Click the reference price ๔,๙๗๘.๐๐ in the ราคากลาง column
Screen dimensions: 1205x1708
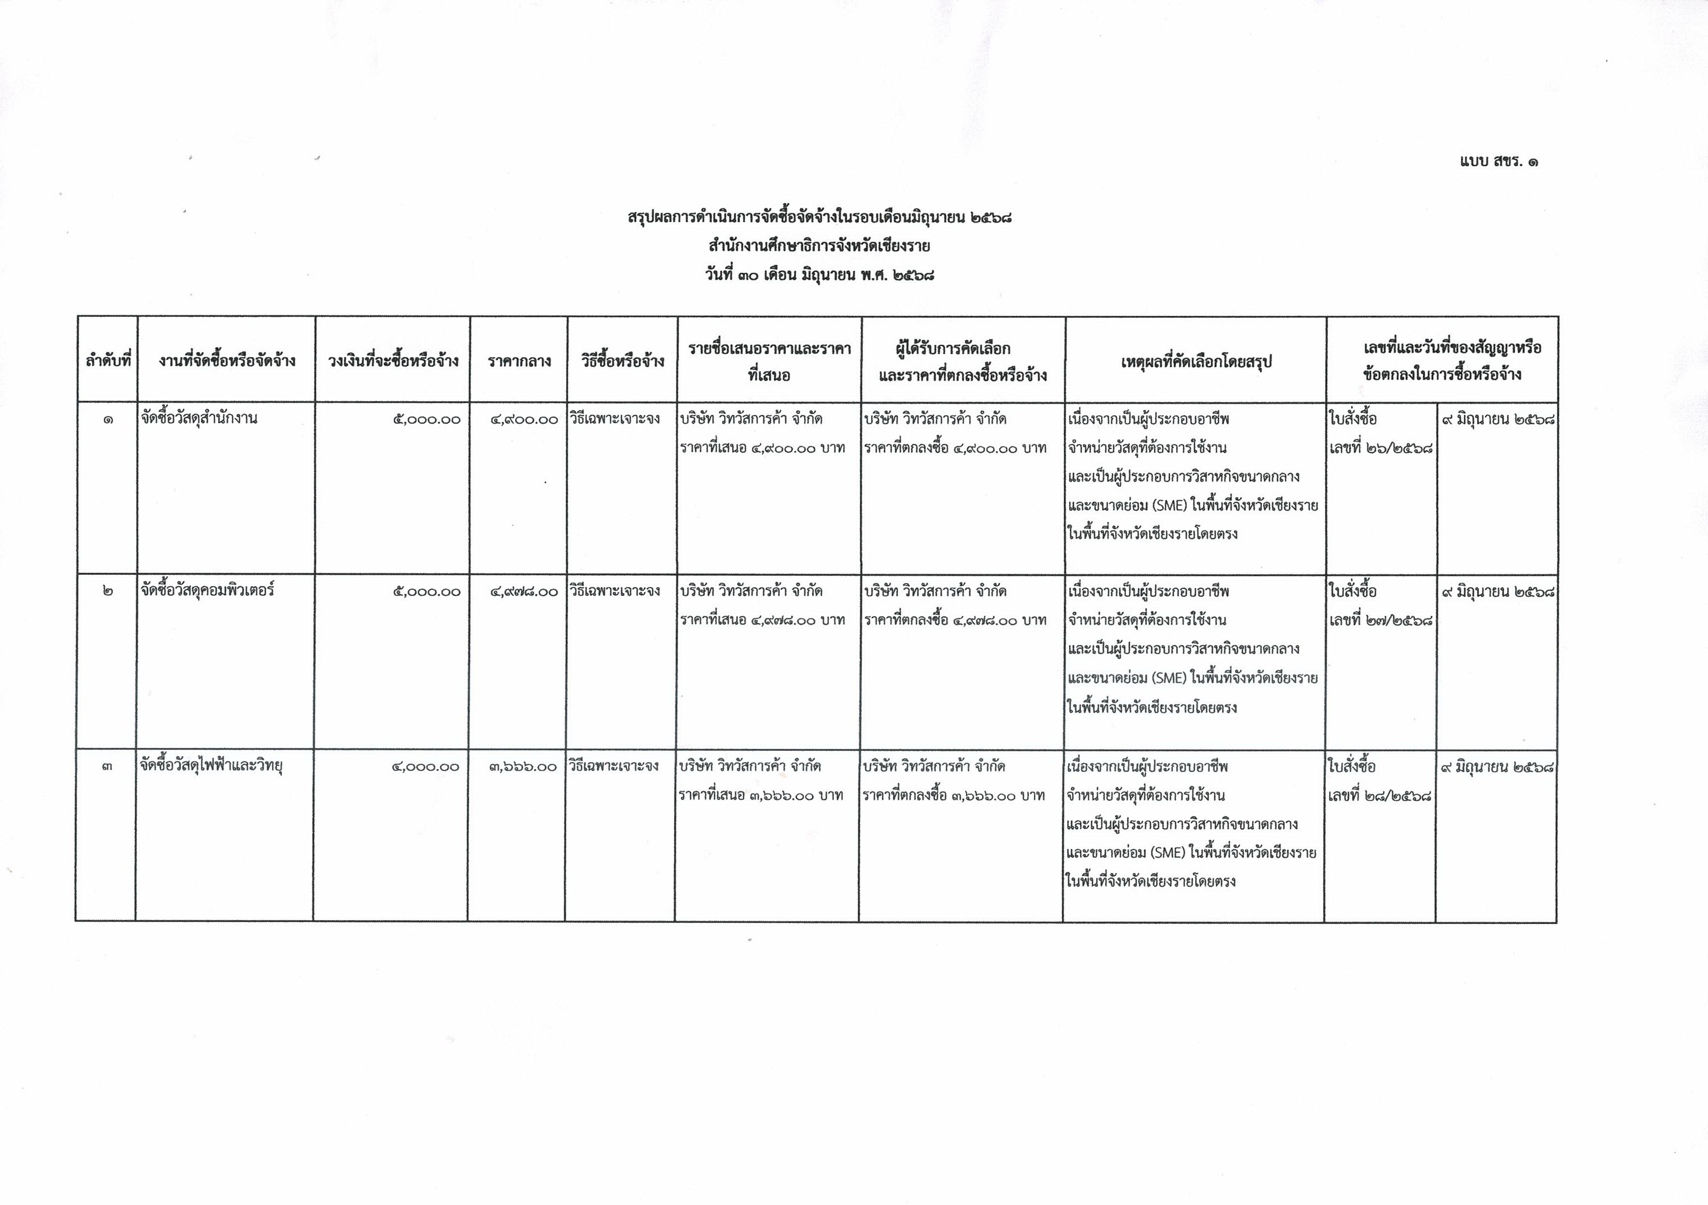click(524, 591)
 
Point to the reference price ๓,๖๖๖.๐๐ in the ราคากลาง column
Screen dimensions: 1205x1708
click(523, 767)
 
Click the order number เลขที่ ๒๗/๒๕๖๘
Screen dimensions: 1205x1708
click(1381, 620)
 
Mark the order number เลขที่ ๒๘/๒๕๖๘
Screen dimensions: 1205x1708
click(1379, 795)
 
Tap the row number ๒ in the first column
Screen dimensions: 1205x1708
click(108, 591)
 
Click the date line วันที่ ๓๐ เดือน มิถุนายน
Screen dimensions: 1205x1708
click(819, 275)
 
